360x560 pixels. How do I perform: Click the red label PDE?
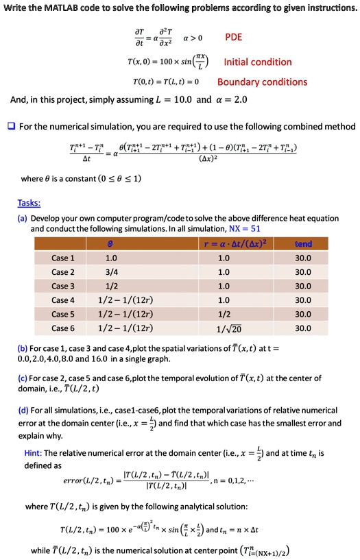click(234, 37)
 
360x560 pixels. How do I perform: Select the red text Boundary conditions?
click(262, 82)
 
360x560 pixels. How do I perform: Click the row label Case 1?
click(63, 258)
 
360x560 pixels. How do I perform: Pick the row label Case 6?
click(63, 329)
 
